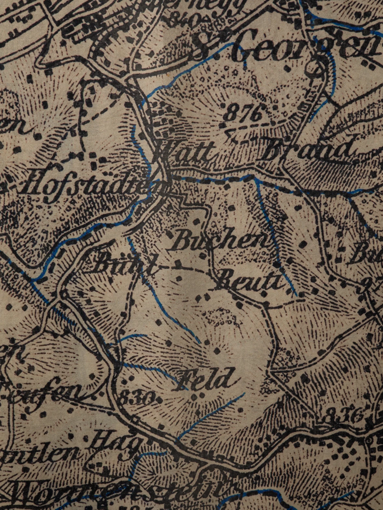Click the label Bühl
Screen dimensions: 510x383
point(122,265)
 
